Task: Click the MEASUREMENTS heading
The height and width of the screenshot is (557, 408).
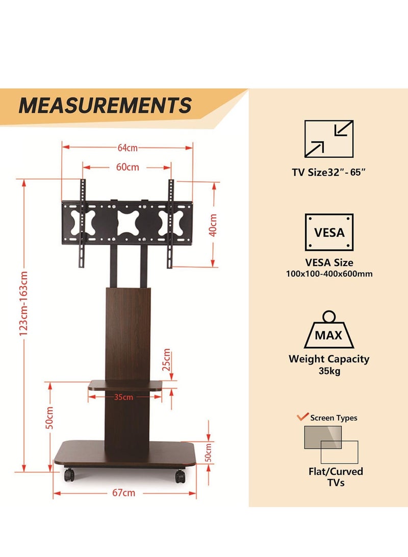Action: [x=105, y=105]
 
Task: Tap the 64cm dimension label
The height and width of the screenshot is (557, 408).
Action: [x=127, y=148]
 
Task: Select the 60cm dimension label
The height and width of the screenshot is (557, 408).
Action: [x=127, y=167]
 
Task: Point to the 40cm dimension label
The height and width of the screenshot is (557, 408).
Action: [x=213, y=225]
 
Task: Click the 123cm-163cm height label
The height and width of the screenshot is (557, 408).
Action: [x=23, y=304]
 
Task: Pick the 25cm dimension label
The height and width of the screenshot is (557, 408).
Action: [x=166, y=360]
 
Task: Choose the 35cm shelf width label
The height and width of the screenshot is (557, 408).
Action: [x=123, y=397]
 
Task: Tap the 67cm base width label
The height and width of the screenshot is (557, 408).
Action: [x=124, y=493]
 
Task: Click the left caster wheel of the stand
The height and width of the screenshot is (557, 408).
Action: [x=69, y=475]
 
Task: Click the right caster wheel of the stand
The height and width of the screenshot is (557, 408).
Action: [x=180, y=476]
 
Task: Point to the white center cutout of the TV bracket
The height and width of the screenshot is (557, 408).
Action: [x=128, y=223]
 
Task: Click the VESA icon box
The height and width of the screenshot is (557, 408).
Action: [x=329, y=232]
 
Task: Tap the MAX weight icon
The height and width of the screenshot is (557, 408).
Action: [x=329, y=330]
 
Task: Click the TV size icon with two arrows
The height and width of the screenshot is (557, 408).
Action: [x=329, y=138]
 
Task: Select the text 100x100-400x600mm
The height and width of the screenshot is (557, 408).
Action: [x=329, y=274]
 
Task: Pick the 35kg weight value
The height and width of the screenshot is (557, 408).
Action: [x=329, y=371]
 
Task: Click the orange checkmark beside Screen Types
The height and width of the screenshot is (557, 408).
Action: [x=302, y=416]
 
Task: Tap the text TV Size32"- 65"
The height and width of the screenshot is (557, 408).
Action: [x=328, y=172]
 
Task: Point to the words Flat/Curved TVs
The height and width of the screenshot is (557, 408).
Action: [x=336, y=477]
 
